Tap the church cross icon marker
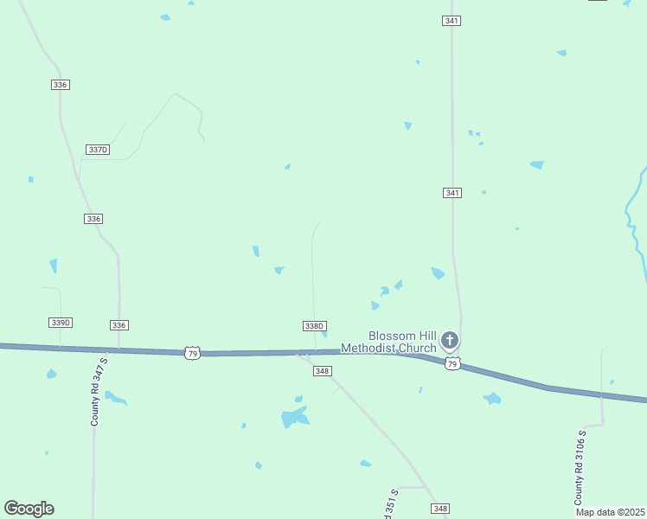(449, 340)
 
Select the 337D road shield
(98, 150)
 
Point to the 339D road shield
(60, 323)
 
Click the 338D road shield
(314, 326)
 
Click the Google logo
(29, 509)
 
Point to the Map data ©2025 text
(611, 512)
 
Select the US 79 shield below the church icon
(452, 363)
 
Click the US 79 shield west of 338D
(192, 354)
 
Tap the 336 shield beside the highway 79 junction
(119, 325)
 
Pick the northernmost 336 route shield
(60, 85)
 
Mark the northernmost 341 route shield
(451, 20)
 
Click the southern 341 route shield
(452, 192)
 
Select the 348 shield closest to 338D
(323, 371)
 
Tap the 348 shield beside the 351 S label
(440, 509)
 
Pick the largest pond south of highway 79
(294, 418)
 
